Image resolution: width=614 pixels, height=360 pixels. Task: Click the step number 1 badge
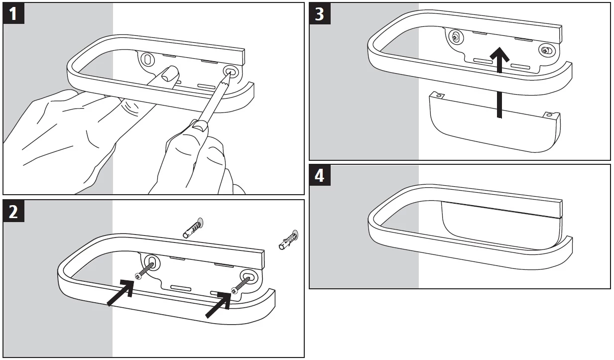(13, 13)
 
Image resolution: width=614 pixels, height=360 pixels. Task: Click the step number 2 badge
(13, 212)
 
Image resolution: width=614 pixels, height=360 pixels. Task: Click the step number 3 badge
(319, 13)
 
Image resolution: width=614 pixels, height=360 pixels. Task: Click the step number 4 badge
(319, 176)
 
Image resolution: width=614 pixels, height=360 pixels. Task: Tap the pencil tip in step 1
(230, 73)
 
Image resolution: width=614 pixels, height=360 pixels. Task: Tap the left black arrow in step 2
(122, 293)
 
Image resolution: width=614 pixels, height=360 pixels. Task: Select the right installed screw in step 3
(546, 50)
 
